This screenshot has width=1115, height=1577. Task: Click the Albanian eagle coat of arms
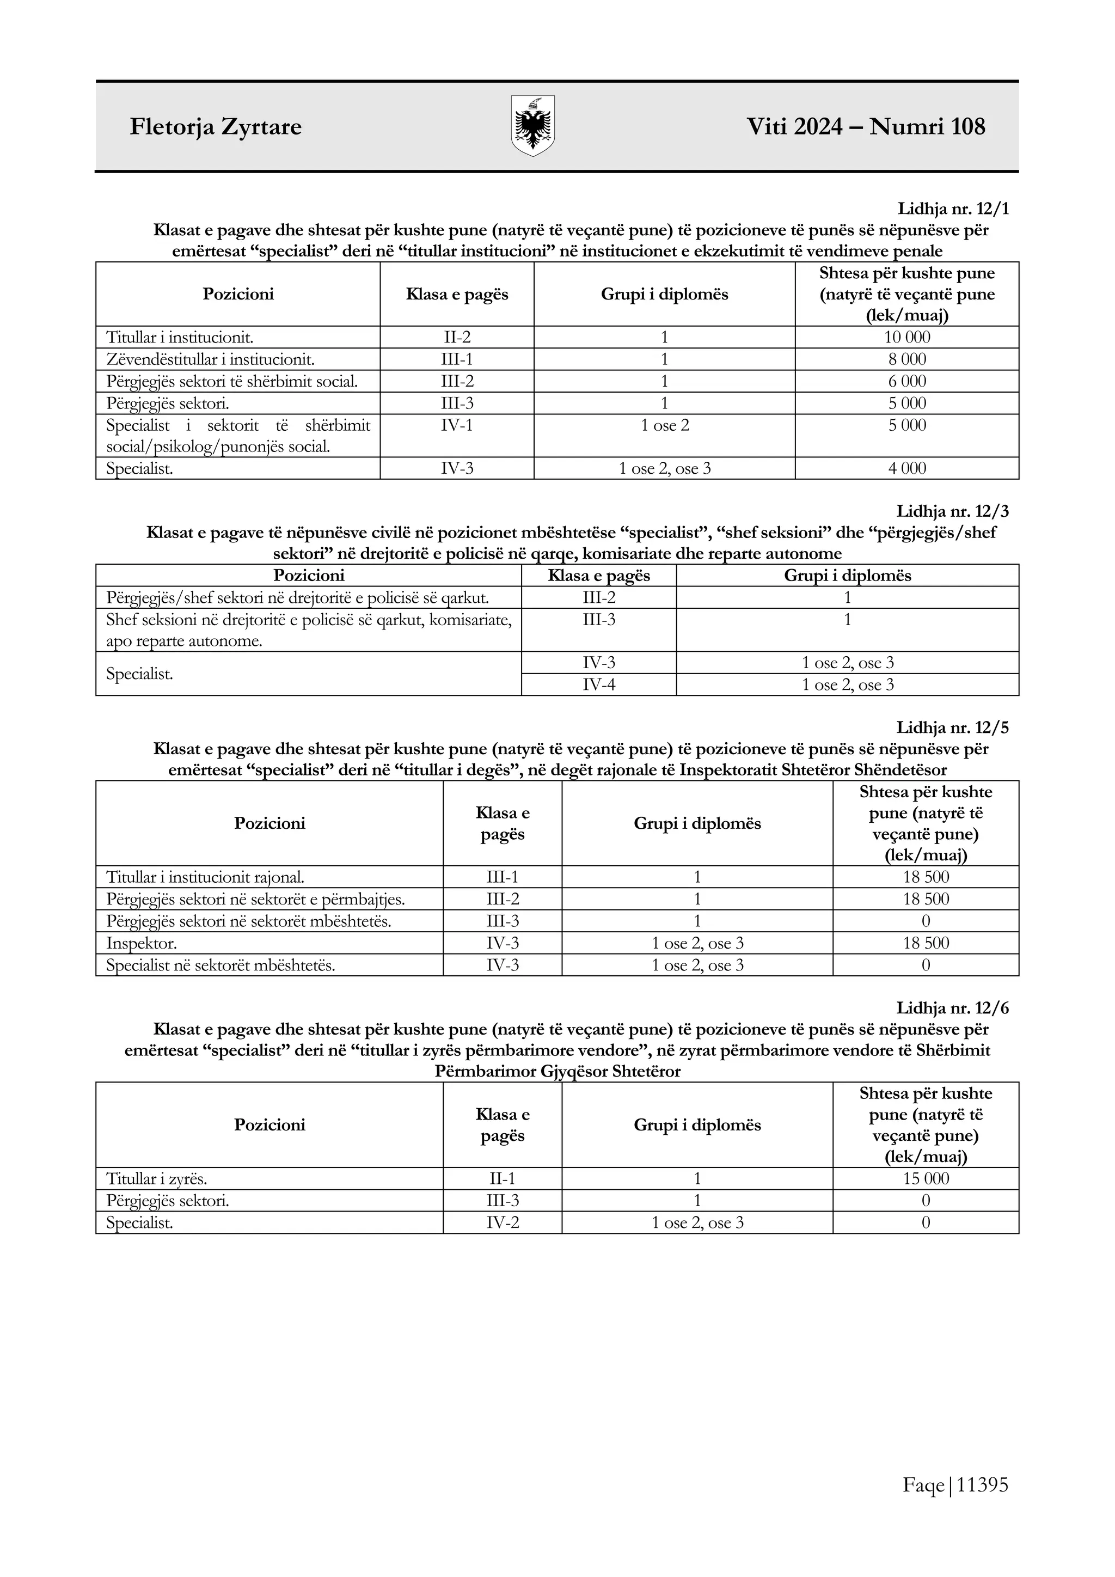[x=533, y=126]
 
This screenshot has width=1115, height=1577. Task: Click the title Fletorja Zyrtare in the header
[x=216, y=127]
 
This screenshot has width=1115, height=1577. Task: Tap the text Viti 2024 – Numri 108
[x=866, y=126]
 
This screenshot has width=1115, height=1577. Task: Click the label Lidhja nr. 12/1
[x=952, y=209]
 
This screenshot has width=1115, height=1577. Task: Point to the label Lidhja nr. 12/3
[x=952, y=511]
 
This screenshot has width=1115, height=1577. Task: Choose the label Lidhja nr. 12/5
[x=952, y=728]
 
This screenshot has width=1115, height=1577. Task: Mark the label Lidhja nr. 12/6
[x=952, y=1008]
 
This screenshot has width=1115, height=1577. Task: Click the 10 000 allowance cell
[x=907, y=337]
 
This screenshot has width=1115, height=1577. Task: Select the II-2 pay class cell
[x=457, y=337]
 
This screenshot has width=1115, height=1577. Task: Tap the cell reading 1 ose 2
[x=665, y=425]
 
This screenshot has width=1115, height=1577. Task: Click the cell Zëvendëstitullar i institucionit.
[x=210, y=359]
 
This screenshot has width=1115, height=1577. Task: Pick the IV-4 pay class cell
[x=599, y=685]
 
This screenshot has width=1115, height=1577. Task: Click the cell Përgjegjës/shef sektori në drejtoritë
[x=297, y=597]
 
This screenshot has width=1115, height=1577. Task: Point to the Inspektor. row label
[x=142, y=943]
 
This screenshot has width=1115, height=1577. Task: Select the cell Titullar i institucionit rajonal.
[x=205, y=877]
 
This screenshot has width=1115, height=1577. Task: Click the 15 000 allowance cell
[x=926, y=1178]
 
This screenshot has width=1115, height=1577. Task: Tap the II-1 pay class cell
[x=502, y=1178]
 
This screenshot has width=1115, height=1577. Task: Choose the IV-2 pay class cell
[x=502, y=1223]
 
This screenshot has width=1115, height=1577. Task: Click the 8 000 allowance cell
[x=907, y=359]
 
